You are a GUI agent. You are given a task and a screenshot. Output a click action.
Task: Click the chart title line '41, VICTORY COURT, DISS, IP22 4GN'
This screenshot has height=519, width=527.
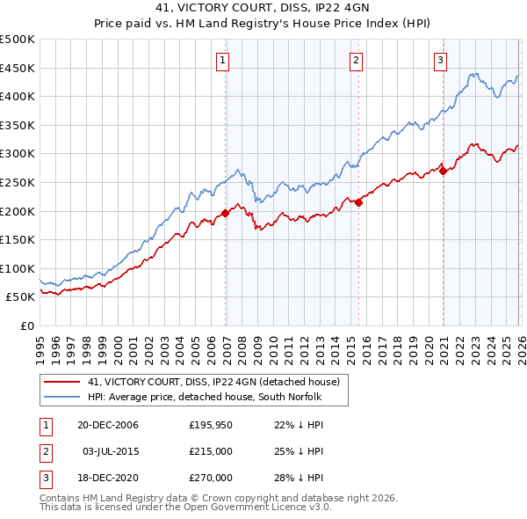click(x=263, y=10)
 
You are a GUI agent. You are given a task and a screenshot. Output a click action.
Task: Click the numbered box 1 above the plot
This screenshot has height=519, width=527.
click(x=222, y=61)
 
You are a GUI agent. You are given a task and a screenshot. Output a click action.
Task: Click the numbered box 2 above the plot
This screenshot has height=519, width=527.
click(x=356, y=61)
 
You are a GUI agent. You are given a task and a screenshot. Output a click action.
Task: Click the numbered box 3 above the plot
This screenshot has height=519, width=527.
click(x=439, y=61)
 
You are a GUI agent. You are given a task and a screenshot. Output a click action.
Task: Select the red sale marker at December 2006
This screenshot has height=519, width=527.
click(x=226, y=213)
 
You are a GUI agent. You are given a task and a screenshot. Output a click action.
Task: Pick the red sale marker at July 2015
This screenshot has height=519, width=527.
click(x=358, y=202)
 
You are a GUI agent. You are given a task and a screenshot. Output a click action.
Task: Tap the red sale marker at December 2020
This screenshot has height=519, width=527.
click(x=443, y=171)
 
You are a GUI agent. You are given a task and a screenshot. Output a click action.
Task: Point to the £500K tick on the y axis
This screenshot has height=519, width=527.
click(x=18, y=40)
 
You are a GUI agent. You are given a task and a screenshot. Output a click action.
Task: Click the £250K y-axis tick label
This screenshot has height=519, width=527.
click(x=18, y=182)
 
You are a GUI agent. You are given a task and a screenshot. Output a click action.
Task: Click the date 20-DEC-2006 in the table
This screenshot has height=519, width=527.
click(x=108, y=425)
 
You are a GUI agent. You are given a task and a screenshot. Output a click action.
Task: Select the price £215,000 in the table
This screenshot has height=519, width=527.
click(x=211, y=451)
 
